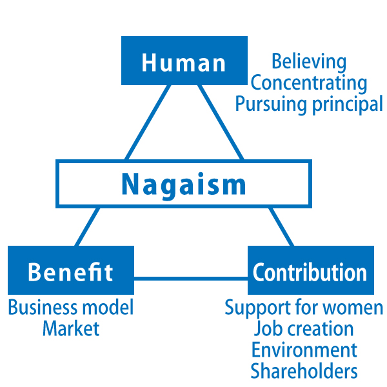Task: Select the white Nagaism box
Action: tap(184, 184)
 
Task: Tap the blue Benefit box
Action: tap(71, 270)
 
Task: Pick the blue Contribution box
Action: tap(310, 270)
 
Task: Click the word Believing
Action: tap(308, 62)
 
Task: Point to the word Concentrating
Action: tap(308, 83)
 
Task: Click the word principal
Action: tap(348, 104)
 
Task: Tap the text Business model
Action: tap(71, 307)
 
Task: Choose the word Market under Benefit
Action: tap(71, 328)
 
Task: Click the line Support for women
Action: tap(304, 307)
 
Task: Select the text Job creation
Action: tap(304, 328)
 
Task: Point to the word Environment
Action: tap(304, 350)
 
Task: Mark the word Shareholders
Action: tap(304, 371)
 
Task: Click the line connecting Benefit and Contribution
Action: tap(190, 279)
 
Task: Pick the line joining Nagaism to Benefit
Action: tap(88, 226)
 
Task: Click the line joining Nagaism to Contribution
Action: tap(281, 226)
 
